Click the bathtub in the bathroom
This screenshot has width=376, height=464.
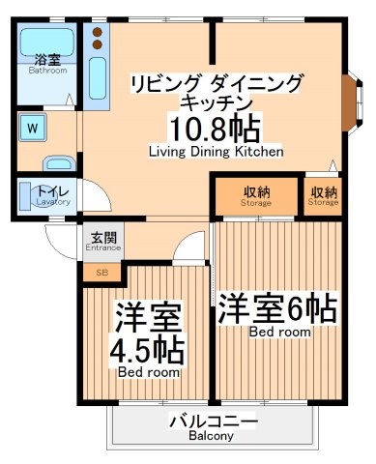pos(47,43)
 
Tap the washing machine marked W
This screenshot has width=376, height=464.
pos(33,128)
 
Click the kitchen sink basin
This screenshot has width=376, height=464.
pos(98,78)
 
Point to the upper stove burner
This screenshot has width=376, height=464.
pos(98,32)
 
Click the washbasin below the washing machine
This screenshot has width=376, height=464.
pos(59,163)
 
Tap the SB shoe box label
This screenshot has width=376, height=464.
pos(102,273)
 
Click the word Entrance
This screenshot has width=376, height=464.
pos(103,247)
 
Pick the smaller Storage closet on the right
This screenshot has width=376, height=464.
pos(323,196)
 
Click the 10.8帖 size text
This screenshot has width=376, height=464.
pos(215,130)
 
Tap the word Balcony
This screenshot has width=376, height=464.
pos(211,436)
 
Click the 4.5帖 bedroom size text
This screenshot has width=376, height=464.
pos(147,351)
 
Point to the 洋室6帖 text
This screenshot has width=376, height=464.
pos(277,308)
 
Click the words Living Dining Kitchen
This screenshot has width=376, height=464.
pos(217,152)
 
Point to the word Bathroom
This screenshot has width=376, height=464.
pos(47,71)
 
